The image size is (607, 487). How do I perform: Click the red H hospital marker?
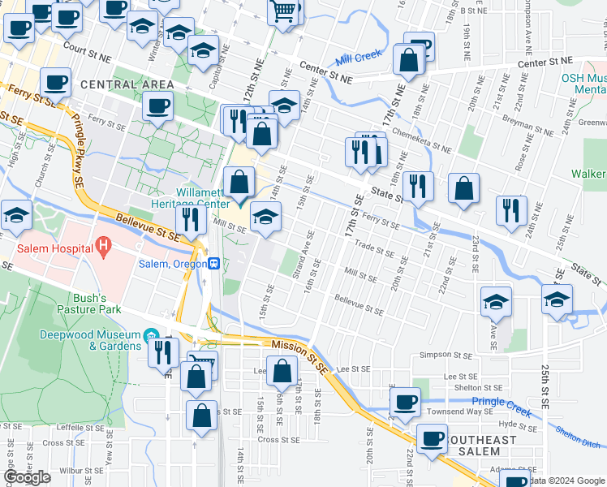[103, 244]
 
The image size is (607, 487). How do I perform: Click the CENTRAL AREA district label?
[127, 84]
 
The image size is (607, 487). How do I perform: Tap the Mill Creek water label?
[358, 58]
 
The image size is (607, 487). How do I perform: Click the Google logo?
[28, 477]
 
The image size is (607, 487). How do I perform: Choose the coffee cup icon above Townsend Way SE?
[405, 401]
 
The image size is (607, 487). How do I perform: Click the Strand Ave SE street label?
[302, 261]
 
